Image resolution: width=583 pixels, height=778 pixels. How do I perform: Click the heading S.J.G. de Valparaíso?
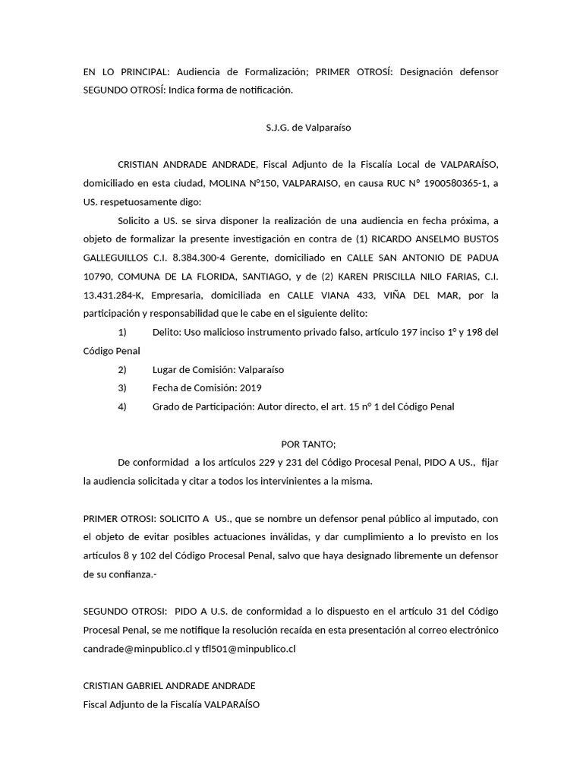(292, 128)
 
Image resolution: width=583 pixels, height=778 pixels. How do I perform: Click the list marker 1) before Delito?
(122, 332)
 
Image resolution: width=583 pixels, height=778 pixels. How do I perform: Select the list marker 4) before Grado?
(122, 406)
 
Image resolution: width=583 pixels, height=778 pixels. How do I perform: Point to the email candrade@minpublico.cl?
(137, 648)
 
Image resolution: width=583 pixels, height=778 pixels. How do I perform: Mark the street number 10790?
(99, 277)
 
